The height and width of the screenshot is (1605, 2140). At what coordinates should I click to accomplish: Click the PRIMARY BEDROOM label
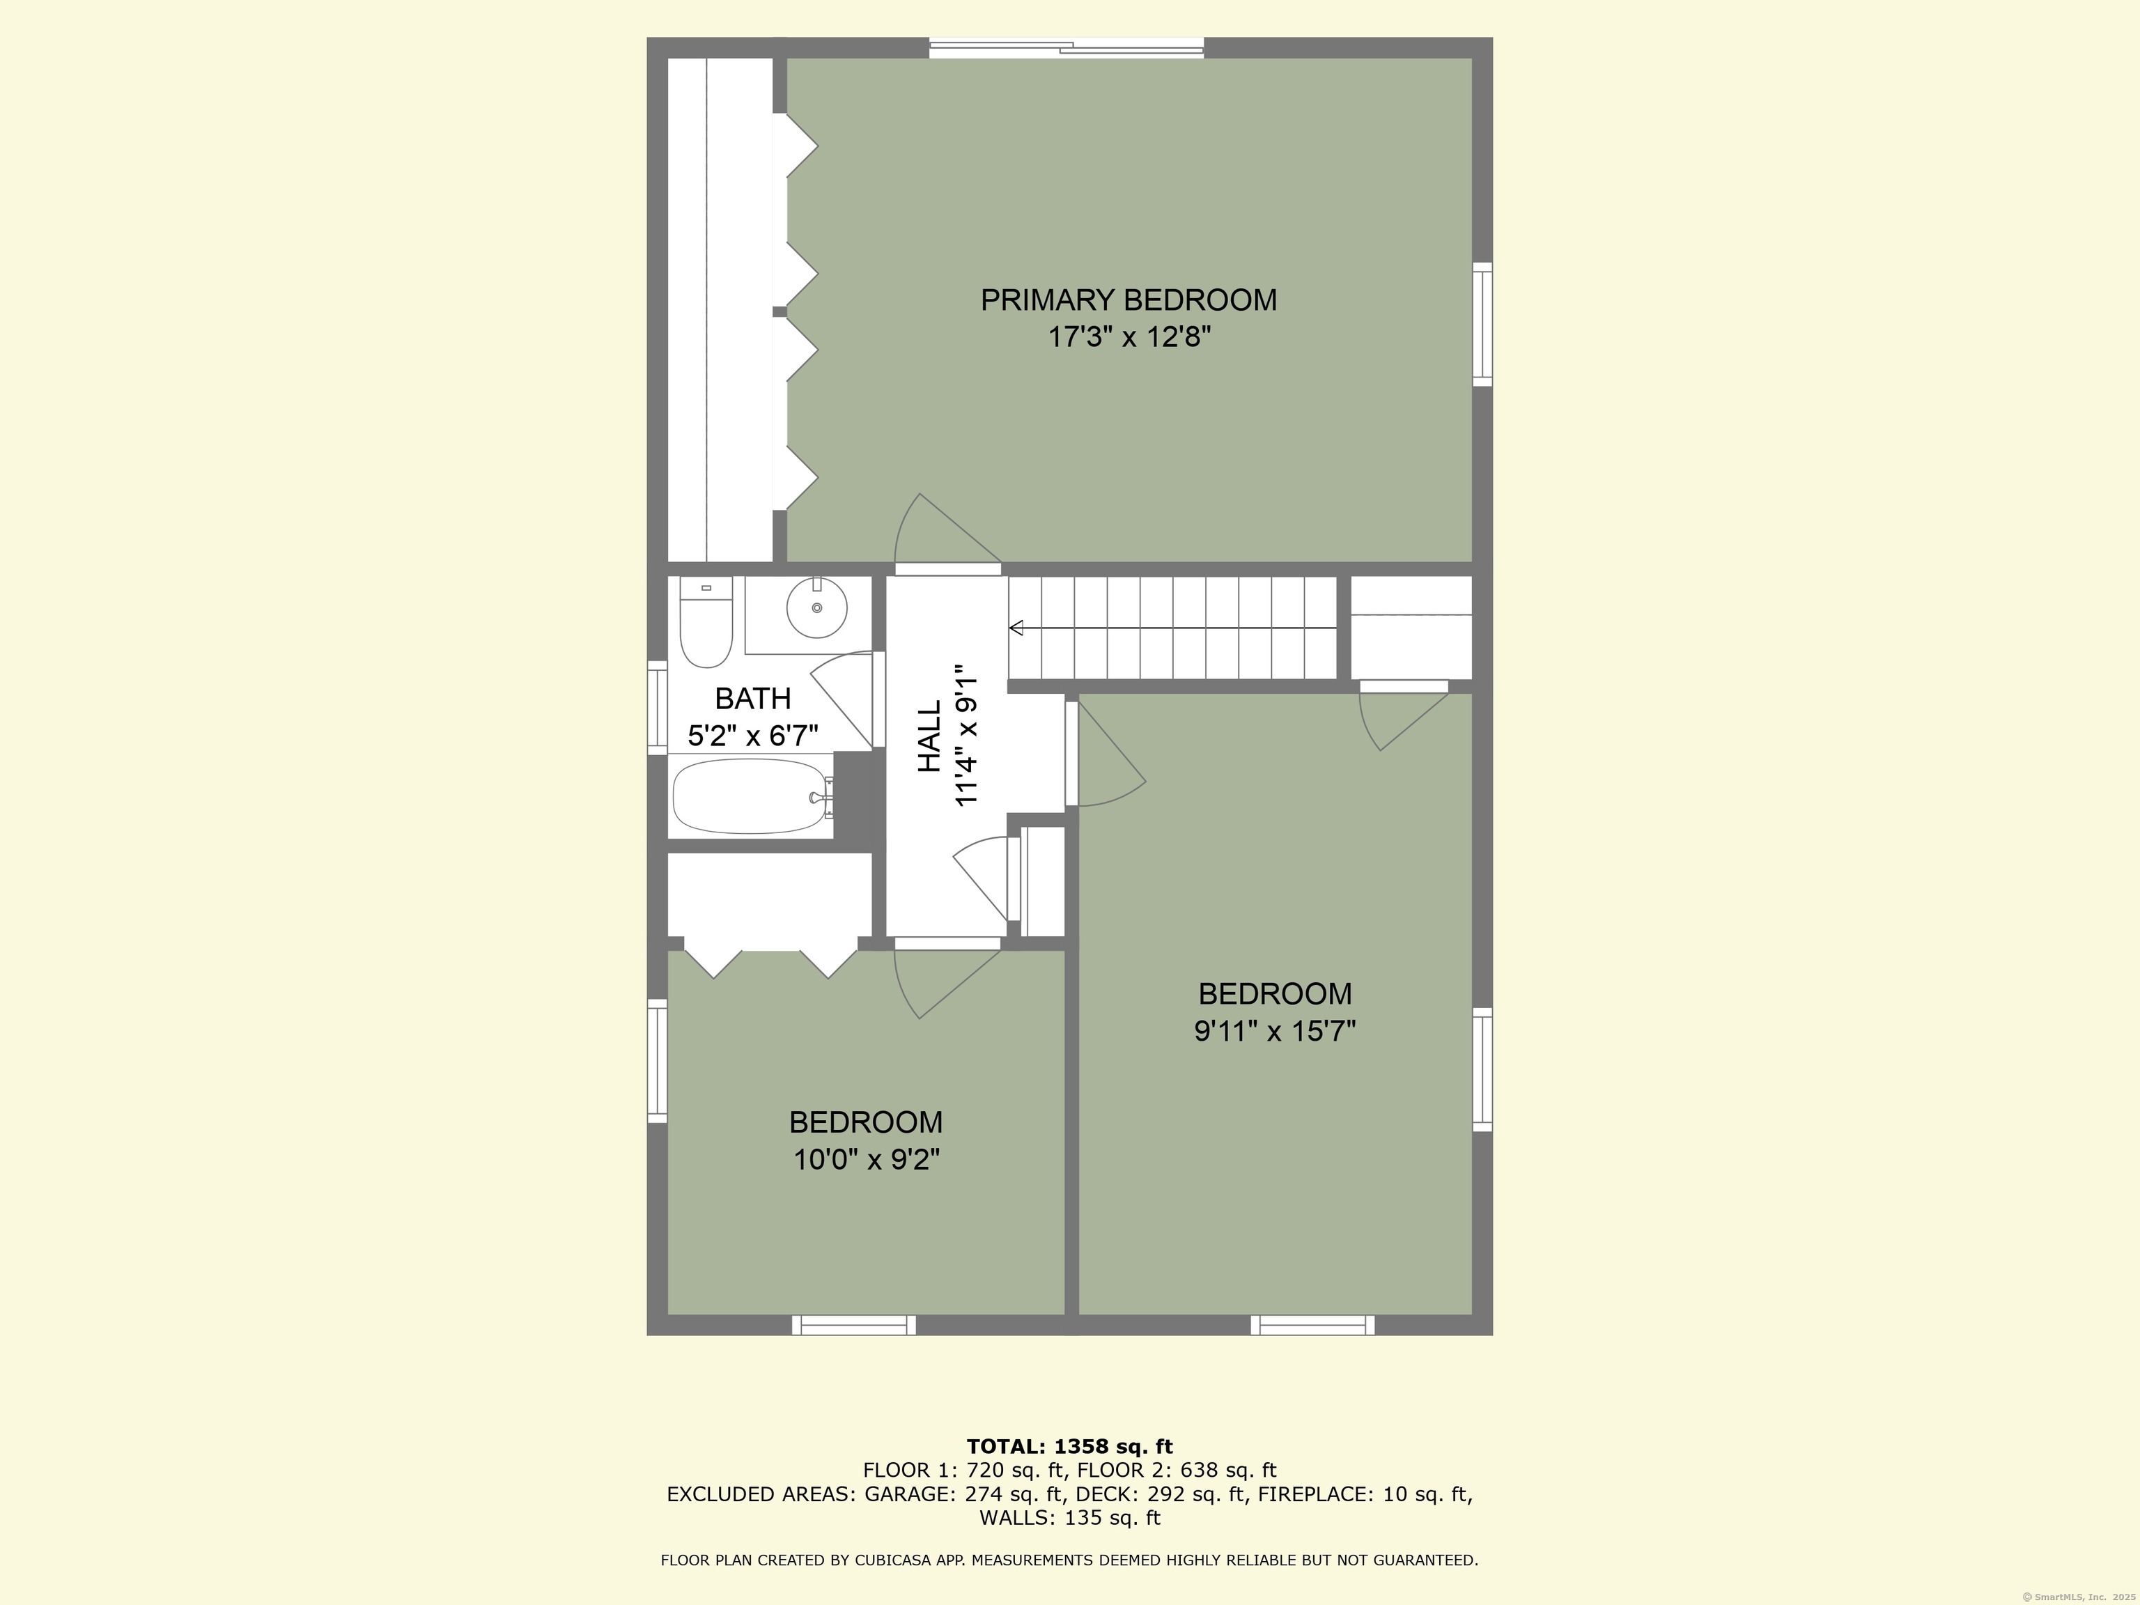tap(1128, 300)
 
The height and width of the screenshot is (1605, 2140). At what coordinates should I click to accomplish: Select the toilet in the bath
tap(705, 624)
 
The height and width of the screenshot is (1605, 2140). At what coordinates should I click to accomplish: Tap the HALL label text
tap(929, 736)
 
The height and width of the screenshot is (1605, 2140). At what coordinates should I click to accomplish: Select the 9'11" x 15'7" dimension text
tap(1274, 1031)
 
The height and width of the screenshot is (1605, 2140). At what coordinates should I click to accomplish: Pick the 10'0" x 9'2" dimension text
tap(866, 1159)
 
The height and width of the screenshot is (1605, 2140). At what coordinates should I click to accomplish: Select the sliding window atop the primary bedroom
tap(1066, 47)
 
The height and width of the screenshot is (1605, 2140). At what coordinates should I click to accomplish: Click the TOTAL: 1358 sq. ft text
tap(1069, 1446)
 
